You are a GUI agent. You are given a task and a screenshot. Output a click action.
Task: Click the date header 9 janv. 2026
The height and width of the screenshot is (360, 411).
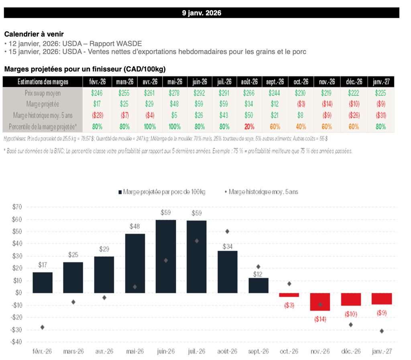coord(201,13)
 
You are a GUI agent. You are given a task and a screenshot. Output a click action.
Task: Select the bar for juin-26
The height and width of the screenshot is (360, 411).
coord(166,256)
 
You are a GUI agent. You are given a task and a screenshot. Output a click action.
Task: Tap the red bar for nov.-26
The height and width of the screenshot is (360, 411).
coord(320,302)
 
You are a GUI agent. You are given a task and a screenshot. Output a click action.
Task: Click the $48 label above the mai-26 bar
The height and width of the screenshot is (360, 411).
coord(135,226)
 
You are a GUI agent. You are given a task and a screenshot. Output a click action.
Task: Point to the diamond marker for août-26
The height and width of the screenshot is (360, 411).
coord(228,231)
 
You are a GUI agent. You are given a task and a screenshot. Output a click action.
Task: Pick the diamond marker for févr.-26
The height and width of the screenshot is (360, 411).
coord(43,327)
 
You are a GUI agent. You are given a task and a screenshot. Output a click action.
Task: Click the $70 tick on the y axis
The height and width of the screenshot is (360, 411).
coord(16,207)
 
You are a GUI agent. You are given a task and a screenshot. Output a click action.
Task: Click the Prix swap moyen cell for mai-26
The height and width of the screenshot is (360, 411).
coord(175,93)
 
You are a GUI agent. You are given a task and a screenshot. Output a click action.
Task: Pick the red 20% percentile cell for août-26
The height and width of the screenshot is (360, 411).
coord(249,127)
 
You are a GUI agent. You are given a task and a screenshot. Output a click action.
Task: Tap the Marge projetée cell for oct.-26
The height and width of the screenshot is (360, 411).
coord(301,104)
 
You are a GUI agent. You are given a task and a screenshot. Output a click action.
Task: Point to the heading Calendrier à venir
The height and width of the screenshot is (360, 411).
coord(34,34)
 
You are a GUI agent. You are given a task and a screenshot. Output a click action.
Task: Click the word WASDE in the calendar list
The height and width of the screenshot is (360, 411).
coord(128,43)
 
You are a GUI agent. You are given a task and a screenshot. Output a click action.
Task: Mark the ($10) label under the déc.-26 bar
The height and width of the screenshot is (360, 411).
coord(351,314)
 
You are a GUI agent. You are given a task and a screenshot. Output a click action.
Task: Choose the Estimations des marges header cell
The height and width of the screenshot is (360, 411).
coord(43,82)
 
